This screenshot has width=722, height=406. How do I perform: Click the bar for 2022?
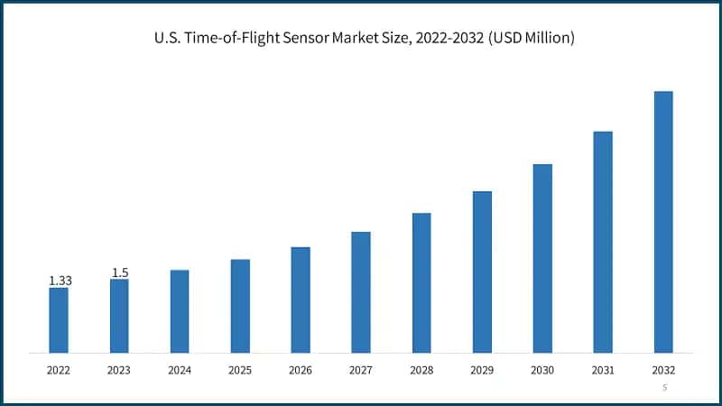point(59,320)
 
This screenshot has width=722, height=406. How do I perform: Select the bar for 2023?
point(119,316)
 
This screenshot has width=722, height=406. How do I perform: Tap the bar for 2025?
point(240,306)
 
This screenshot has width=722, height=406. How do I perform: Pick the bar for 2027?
point(361,292)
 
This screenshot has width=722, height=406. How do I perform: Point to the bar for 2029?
point(482,272)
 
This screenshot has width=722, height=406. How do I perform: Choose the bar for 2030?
point(542,258)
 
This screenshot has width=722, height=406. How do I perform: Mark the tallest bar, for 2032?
point(663,222)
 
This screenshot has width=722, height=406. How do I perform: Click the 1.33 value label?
point(60,281)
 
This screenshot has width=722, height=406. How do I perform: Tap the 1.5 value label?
point(120,272)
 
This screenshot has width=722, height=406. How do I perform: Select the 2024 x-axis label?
point(180,370)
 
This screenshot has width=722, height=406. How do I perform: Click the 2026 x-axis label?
point(301,370)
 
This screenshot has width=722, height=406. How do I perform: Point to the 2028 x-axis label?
point(421,370)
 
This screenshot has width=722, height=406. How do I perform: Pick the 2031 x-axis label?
point(603,370)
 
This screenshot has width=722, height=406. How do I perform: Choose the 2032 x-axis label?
point(663,370)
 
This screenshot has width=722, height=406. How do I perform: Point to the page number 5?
point(664,387)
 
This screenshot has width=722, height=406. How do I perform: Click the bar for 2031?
point(603,242)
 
